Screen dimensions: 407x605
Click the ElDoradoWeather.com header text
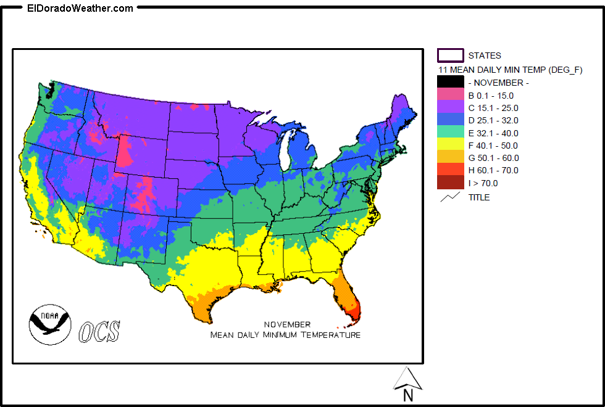[80, 8]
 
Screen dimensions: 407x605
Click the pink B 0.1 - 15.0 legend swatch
[450, 95]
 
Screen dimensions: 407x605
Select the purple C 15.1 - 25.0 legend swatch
[450, 107]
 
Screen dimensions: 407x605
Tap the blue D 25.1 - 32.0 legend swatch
[450, 120]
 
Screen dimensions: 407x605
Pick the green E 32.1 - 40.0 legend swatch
[450, 133]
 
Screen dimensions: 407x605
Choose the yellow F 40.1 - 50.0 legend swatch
[450, 145]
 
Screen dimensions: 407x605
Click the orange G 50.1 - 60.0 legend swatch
[450, 157]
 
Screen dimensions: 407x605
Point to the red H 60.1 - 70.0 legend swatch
[450, 170]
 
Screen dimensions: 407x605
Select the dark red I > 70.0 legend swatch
[450, 183]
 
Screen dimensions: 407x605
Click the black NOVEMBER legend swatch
[450, 82]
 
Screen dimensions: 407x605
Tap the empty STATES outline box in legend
[450, 55]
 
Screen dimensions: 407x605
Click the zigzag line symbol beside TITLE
[450, 197]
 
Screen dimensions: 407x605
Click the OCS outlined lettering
[99, 331]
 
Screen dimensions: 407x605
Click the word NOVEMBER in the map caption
[287, 324]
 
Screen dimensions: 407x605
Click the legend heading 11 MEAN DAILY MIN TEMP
[510, 70]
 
